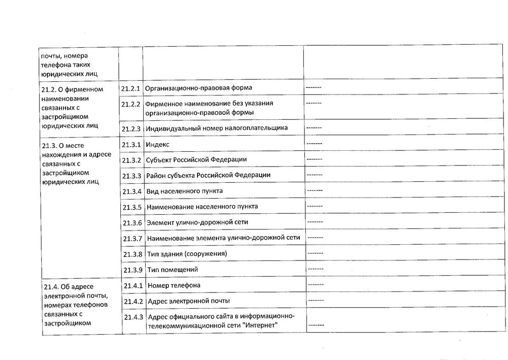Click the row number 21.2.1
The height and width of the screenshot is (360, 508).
[x=131, y=88]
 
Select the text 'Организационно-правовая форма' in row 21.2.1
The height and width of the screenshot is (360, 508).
[x=199, y=88]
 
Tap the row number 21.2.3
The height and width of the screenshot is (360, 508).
[x=131, y=128]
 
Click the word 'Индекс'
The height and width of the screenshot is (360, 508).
[x=157, y=144]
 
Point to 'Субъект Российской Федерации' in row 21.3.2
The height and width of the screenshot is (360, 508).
[x=197, y=159]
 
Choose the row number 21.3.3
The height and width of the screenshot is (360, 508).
[x=132, y=176]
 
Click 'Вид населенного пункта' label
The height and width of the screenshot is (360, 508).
[x=184, y=191]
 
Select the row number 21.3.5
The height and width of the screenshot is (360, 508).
[x=132, y=207]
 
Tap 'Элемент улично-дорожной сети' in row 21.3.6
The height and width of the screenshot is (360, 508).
[x=198, y=222]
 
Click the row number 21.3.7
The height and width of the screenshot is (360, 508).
[x=132, y=238]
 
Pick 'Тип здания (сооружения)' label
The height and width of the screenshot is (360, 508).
[x=186, y=253]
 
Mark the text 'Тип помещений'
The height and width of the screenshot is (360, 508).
[x=172, y=270]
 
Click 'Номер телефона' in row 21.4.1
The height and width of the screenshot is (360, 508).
[x=174, y=285]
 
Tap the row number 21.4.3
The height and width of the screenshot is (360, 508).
[x=133, y=317]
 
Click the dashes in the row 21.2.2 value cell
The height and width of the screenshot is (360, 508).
[x=314, y=103]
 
